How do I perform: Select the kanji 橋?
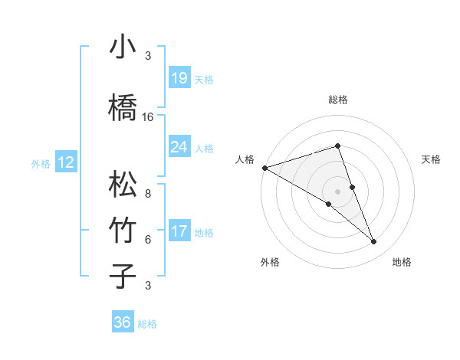pyautogui.click(x=123, y=107)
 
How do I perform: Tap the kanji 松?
pyautogui.click(x=123, y=185)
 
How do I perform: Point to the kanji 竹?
pyautogui.click(x=123, y=231)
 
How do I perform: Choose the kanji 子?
pyautogui.click(x=123, y=276)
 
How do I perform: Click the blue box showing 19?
pyautogui.click(x=179, y=77)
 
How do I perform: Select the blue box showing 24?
pyautogui.click(x=179, y=146)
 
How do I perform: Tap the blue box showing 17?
pyautogui.click(x=179, y=231)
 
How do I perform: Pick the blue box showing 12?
pyautogui.click(x=65, y=162)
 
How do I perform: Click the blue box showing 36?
pyautogui.click(x=123, y=322)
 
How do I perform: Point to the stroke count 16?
pyautogui.click(x=148, y=117)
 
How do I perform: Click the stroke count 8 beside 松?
pyautogui.click(x=148, y=195)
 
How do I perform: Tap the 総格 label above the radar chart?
pyautogui.click(x=337, y=100)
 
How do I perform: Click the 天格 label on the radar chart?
pyautogui.click(x=432, y=159)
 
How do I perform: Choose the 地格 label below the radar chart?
pyautogui.click(x=402, y=262)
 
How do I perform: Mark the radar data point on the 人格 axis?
pyautogui.click(x=264, y=167)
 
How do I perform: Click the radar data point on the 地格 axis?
pyautogui.click(x=374, y=242)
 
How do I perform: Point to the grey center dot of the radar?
pyautogui.click(x=337, y=191)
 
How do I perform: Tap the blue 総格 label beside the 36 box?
pyautogui.click(x=147, y=324)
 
